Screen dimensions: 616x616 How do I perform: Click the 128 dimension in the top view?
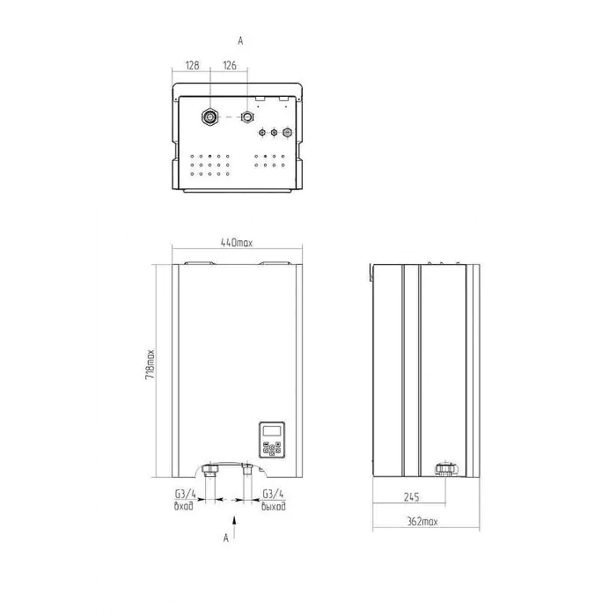(192, 65)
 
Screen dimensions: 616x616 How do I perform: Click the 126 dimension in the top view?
(230, 65)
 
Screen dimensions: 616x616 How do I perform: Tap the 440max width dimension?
(237, 243)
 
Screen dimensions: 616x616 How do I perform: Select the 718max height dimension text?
(150, 364)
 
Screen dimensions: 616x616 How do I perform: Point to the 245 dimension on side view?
(411, 497)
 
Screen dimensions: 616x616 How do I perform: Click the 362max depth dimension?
(422, 522)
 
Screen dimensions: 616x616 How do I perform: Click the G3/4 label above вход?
(185, 494)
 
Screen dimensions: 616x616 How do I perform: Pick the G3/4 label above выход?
(273, 494)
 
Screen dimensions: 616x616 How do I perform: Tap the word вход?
(183, 506)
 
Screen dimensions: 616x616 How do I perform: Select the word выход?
(274, 506)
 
